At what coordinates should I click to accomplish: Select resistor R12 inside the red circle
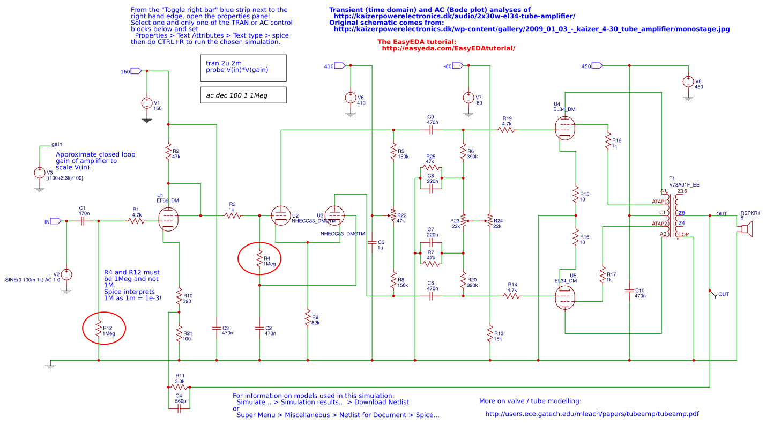[x=99, y=328]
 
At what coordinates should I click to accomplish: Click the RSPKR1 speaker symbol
[x=745, y=229]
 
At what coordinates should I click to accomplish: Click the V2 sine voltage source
[x=66, y=274]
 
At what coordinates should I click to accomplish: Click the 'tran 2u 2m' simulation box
[x=243, y=67]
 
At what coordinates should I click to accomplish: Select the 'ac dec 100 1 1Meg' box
[x=243, y=95]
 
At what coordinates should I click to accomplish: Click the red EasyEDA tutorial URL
[x=448, y=48]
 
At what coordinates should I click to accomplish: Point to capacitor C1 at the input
[x=83, y=220]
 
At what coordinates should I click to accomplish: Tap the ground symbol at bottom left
[x=50, y=365]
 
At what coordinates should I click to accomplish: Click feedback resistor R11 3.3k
[x=179, y=386]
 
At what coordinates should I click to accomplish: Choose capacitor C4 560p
[x=179, y=408]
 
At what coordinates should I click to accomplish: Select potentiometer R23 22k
[x=463, y=220]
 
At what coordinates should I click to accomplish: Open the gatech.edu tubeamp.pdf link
[x=592, y=414]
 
